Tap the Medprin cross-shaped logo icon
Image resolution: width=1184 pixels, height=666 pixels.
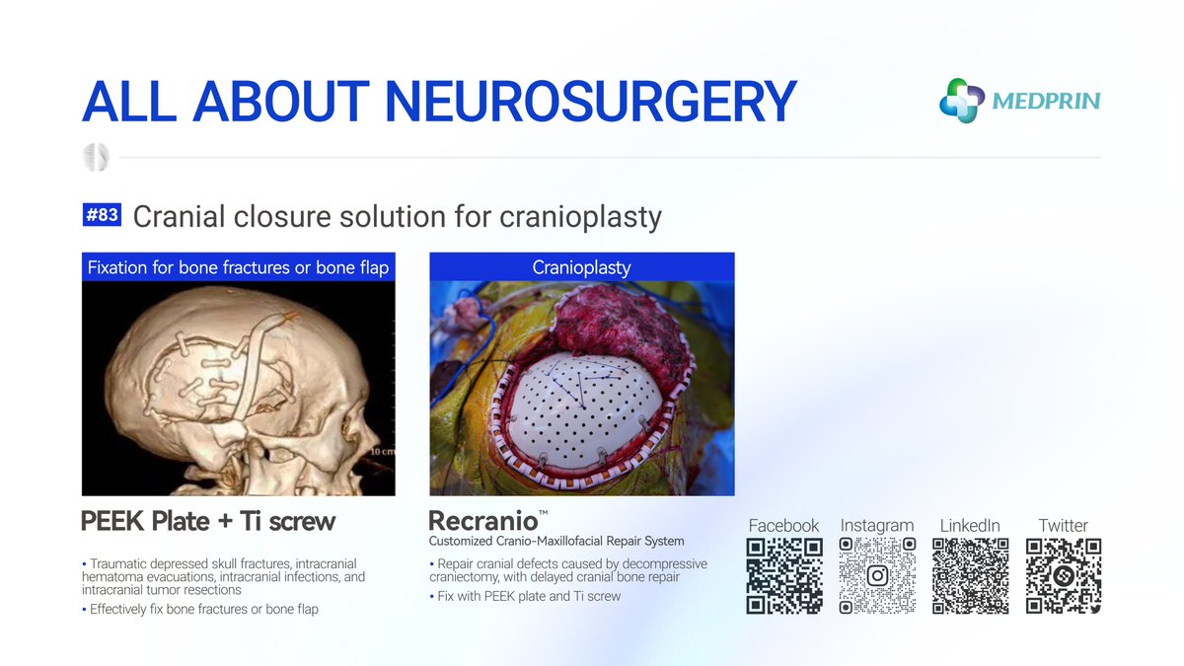961,101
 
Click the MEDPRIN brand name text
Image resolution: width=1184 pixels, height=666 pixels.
1046,101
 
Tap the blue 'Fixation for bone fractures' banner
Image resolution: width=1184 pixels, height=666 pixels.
238,267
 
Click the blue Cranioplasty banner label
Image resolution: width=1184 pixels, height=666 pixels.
581,267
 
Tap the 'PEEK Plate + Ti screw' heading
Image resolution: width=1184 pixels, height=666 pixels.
208,521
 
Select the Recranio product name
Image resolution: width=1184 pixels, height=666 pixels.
481,521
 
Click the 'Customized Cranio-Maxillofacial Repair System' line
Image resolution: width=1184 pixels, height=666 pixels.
555,542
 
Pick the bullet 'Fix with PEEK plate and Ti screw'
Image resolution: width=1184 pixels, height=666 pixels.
529,596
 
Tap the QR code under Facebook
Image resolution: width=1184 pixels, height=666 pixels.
784,576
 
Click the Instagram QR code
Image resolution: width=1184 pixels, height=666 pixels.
877,576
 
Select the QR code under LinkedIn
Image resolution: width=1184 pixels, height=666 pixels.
970,576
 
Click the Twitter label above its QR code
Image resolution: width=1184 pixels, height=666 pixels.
1063,526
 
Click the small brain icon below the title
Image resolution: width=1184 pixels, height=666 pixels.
97,156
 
